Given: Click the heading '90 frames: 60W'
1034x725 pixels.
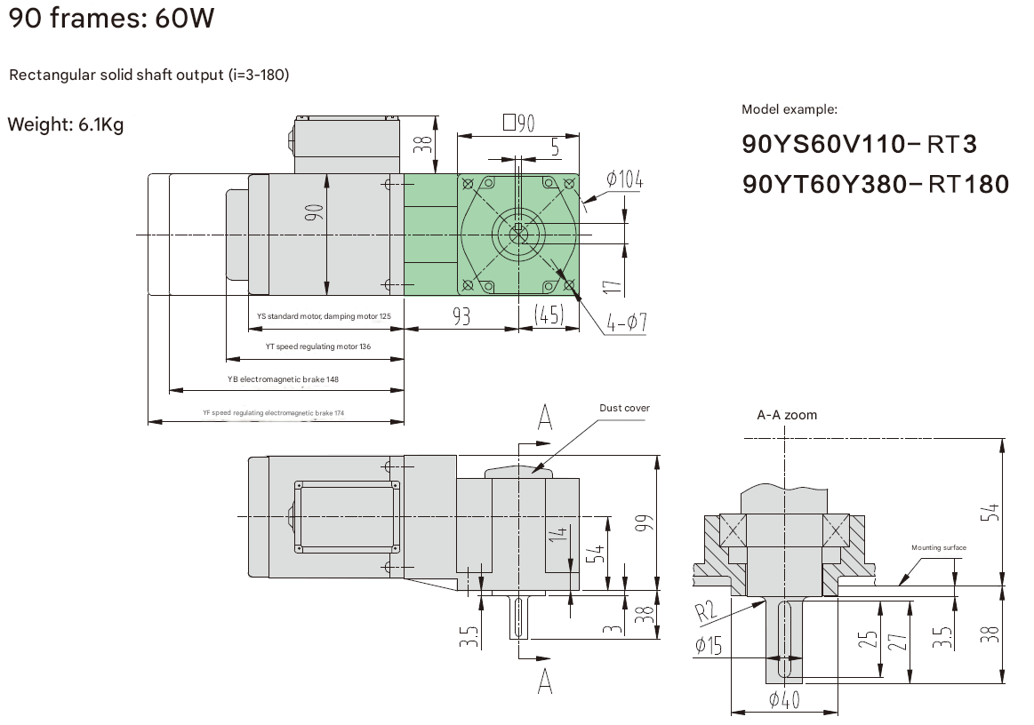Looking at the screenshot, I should [111, 19].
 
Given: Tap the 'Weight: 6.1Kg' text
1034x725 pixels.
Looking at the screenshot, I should [66, 124].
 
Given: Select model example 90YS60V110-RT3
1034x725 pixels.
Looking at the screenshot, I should [859, 144].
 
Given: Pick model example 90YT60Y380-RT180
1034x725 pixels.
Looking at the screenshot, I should [875, 184].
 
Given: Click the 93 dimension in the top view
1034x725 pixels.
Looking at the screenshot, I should [461, 316].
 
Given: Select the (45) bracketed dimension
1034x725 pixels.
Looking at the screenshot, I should [549, 316].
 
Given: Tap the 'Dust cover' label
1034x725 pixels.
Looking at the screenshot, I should [624, 408].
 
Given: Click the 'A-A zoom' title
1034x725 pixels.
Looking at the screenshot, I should [786, 415].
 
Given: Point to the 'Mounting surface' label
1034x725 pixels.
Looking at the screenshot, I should [938, 548].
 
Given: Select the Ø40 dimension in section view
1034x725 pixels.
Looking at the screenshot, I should [783, 701].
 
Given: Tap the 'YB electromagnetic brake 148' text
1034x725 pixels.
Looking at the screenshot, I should [283, 379].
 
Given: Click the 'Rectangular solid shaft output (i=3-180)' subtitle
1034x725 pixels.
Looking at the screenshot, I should [148, 75].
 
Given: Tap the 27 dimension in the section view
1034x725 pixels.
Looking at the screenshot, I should [896, 638].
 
